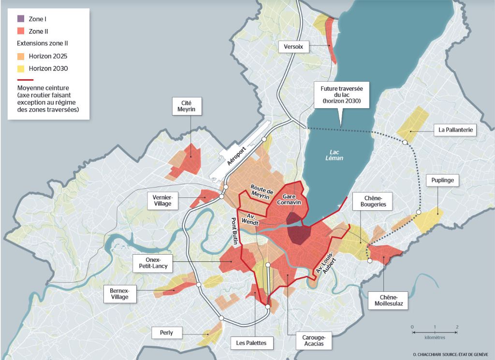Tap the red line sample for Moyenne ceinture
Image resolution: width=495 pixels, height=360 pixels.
[x=25, y=80]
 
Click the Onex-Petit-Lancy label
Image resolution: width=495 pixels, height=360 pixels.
[x=151, y=264]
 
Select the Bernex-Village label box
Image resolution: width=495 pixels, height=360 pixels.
[x=119, y=293]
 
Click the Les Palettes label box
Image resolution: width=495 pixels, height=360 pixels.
[x=251, y=344]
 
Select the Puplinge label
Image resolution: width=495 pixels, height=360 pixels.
[x=439, y=181]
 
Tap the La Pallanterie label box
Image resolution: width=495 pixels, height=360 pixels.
[x=455, y=130]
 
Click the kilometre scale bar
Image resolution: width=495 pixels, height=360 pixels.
[x=435, y=330]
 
